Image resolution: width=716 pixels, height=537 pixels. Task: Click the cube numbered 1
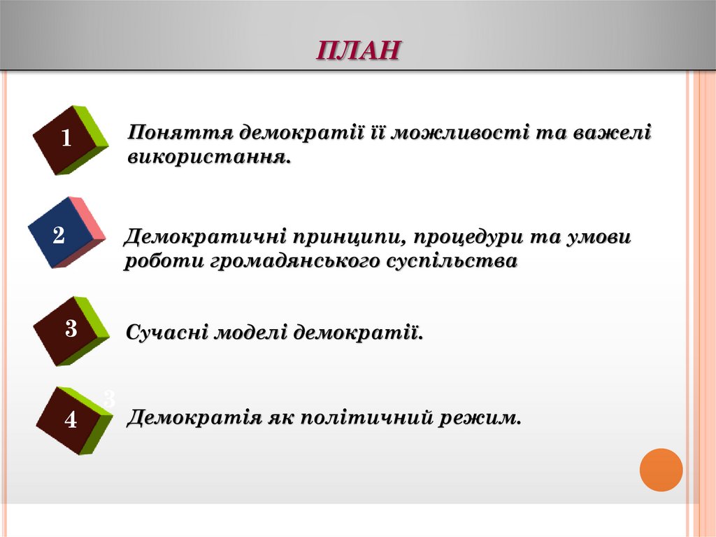[69, 139]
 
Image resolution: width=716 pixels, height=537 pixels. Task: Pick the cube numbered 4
[73, 420]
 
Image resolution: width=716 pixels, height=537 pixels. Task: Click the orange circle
[661, 469]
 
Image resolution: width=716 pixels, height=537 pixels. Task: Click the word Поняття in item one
[180, 132]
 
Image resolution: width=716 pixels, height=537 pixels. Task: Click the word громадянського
[296, 261]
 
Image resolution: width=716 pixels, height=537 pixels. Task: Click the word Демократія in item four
[194, 418]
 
